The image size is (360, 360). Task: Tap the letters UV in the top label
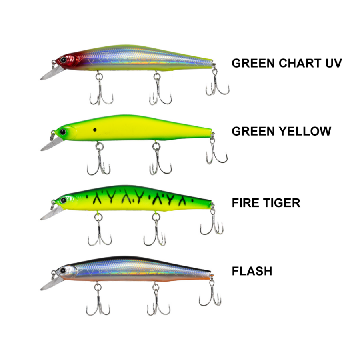tap(332, 63)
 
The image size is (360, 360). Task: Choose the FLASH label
tap(252, 271)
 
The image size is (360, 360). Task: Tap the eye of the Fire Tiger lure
tap(63, 199)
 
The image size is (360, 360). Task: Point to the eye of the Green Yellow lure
tap(63, 131)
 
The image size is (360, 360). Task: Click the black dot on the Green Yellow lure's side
tap(94, 130)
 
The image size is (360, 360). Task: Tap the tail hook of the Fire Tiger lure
tap(212, 224)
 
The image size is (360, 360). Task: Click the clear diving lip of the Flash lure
tap(49, 284)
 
